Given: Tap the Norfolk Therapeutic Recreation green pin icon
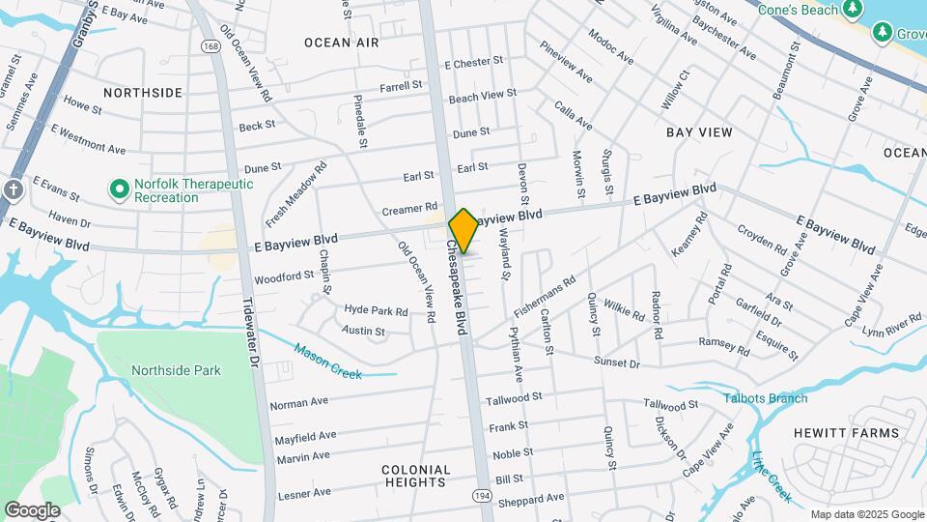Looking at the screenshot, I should [x=120, y=188].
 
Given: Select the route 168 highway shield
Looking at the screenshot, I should [x=211, y=46].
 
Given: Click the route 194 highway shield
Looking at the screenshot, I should [x=480, y=495].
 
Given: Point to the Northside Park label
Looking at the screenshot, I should [x=176, y=370].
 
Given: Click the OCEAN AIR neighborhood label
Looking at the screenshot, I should [x=342, y=43].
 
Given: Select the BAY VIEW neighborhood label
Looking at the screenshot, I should [x=699, y=131].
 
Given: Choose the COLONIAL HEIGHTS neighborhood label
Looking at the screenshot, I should [x=417, y=476].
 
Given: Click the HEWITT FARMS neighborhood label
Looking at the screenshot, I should [x=846, y=433].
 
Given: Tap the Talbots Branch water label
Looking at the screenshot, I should [x=768, y=398].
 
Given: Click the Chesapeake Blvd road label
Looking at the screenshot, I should [x=458, y=288].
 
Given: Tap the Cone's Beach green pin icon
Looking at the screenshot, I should [x=851, y=10].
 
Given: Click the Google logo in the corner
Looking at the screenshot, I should [x=32, y=509].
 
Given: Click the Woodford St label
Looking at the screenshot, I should [x=284, y=276].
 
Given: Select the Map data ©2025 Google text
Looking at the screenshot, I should [x=866, y=514].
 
